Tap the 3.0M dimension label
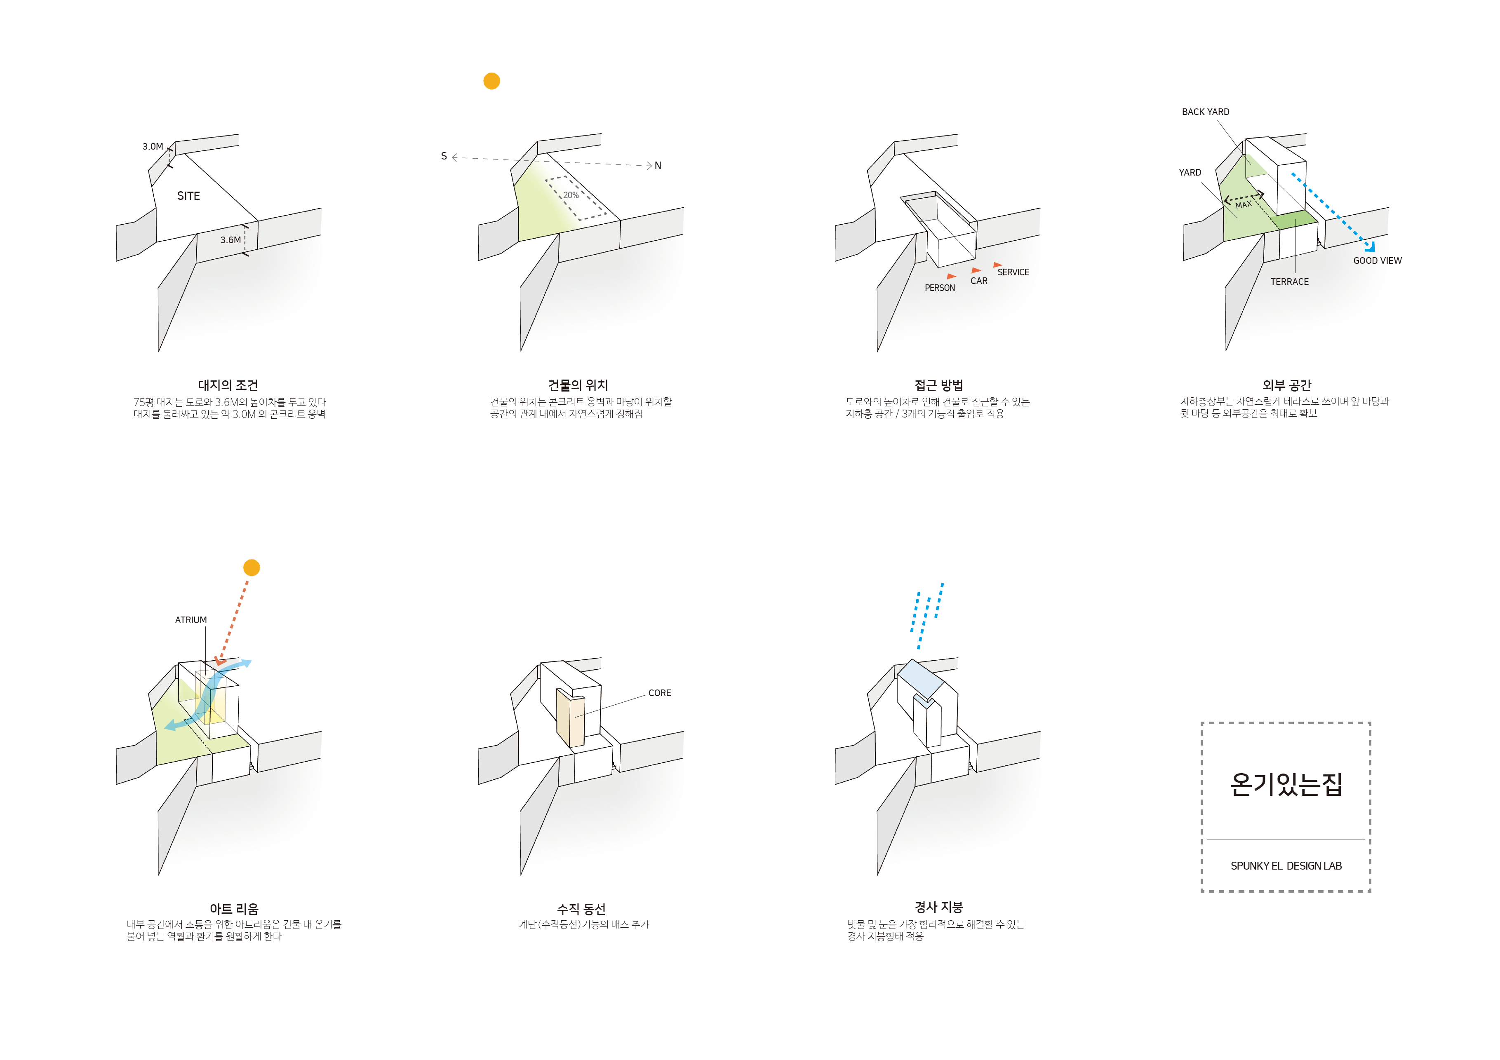153,146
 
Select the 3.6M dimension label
230,240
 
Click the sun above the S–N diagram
491,81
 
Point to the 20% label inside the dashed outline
571,195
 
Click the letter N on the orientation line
658,166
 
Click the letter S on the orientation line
444,156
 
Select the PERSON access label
940,288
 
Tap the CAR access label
979,281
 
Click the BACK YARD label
1205,112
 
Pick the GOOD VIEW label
1377,260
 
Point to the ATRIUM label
191,620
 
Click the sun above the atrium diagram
252,568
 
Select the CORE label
659,693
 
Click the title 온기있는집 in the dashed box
1286,784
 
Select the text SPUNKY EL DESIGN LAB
1286,866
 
